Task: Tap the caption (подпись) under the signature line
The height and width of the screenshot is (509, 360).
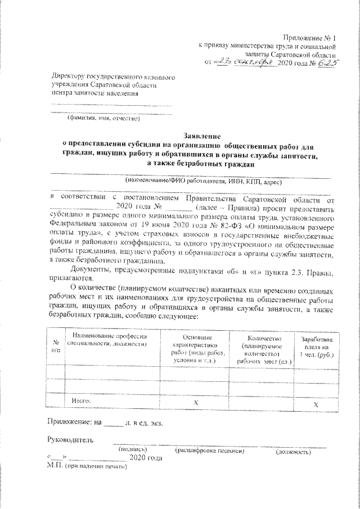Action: [133, 450]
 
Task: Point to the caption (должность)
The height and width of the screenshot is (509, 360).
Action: [292, 451]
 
